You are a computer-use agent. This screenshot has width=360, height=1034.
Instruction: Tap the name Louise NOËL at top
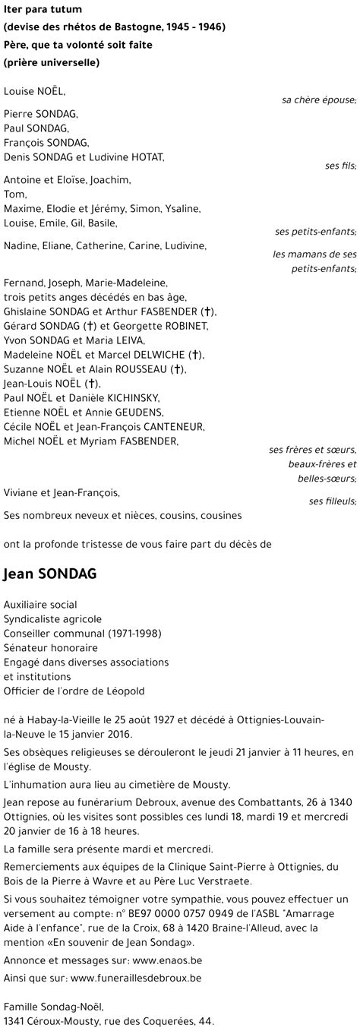coord(35,91)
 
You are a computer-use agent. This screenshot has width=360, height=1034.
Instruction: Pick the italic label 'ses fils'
coord(340,166)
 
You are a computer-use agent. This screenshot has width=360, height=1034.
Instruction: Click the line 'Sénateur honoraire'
coord(50,647)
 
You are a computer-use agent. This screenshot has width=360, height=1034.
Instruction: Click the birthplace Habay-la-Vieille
coord(55,719)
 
